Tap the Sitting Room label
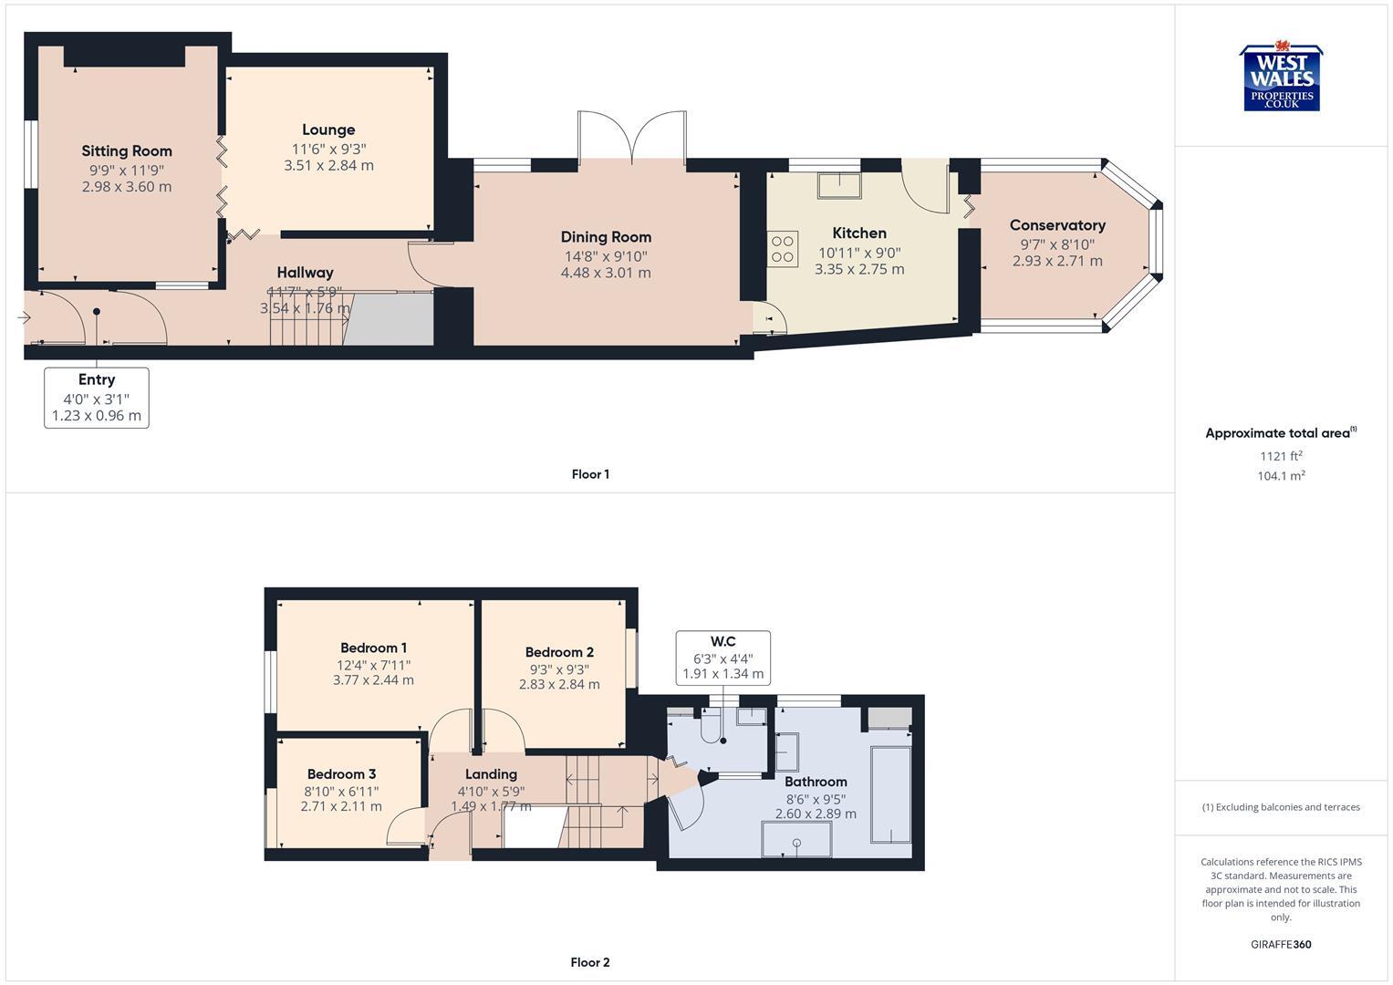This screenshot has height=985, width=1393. coord(127,151)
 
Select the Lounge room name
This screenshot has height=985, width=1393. coord(328,130)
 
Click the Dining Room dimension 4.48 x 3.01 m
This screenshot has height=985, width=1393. coord(606,273)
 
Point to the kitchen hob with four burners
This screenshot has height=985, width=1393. coord(783,249)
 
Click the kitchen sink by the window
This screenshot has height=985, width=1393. coord(838,185)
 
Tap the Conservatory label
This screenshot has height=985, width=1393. coord(1057,225)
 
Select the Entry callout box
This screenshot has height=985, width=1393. coord(97,398)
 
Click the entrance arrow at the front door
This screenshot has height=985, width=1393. coord(24,317)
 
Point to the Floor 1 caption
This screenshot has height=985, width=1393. coord(590,474)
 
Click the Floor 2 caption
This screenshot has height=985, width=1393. coord(590,962)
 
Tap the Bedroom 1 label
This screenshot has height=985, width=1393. coord(373,648)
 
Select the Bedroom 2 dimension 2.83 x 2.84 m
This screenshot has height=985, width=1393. coord(559,684)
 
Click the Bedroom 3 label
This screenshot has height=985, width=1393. coord(341,774)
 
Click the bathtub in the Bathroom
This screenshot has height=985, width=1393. coord(891,794)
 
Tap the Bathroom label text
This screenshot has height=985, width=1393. coord(816,782)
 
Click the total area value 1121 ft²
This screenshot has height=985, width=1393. coord(1281,456)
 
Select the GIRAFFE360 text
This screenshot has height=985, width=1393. coord(1281,945)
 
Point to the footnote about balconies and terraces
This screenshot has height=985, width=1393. coord(1281,807)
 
